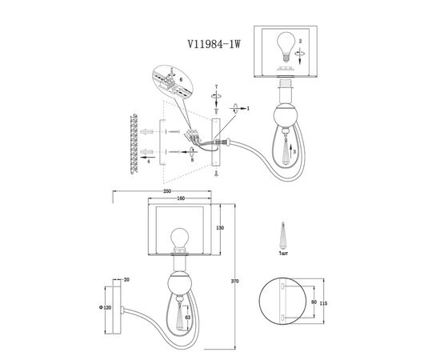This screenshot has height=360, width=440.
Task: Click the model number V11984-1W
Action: pyautogui.click(x=214, y=44)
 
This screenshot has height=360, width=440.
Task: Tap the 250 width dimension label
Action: pyautogui.click(x=167, y=191)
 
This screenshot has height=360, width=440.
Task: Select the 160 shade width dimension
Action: pyautogui.click(x=182, y=198)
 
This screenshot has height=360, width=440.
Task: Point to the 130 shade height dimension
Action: pyautogui.click(x=220, y=228)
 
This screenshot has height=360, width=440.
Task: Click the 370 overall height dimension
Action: pyautogui.click(x=235, y=281)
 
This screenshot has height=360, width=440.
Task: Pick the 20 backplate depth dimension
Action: pyautogui.click(x=126, y=279)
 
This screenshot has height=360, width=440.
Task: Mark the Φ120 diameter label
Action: pyautogui.click(x=106, y=307)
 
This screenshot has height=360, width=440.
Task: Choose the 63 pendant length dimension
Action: pyautogui.click(x=188, y=318)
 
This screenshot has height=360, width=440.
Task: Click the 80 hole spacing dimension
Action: pyautogui.click(x=314, y=302)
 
